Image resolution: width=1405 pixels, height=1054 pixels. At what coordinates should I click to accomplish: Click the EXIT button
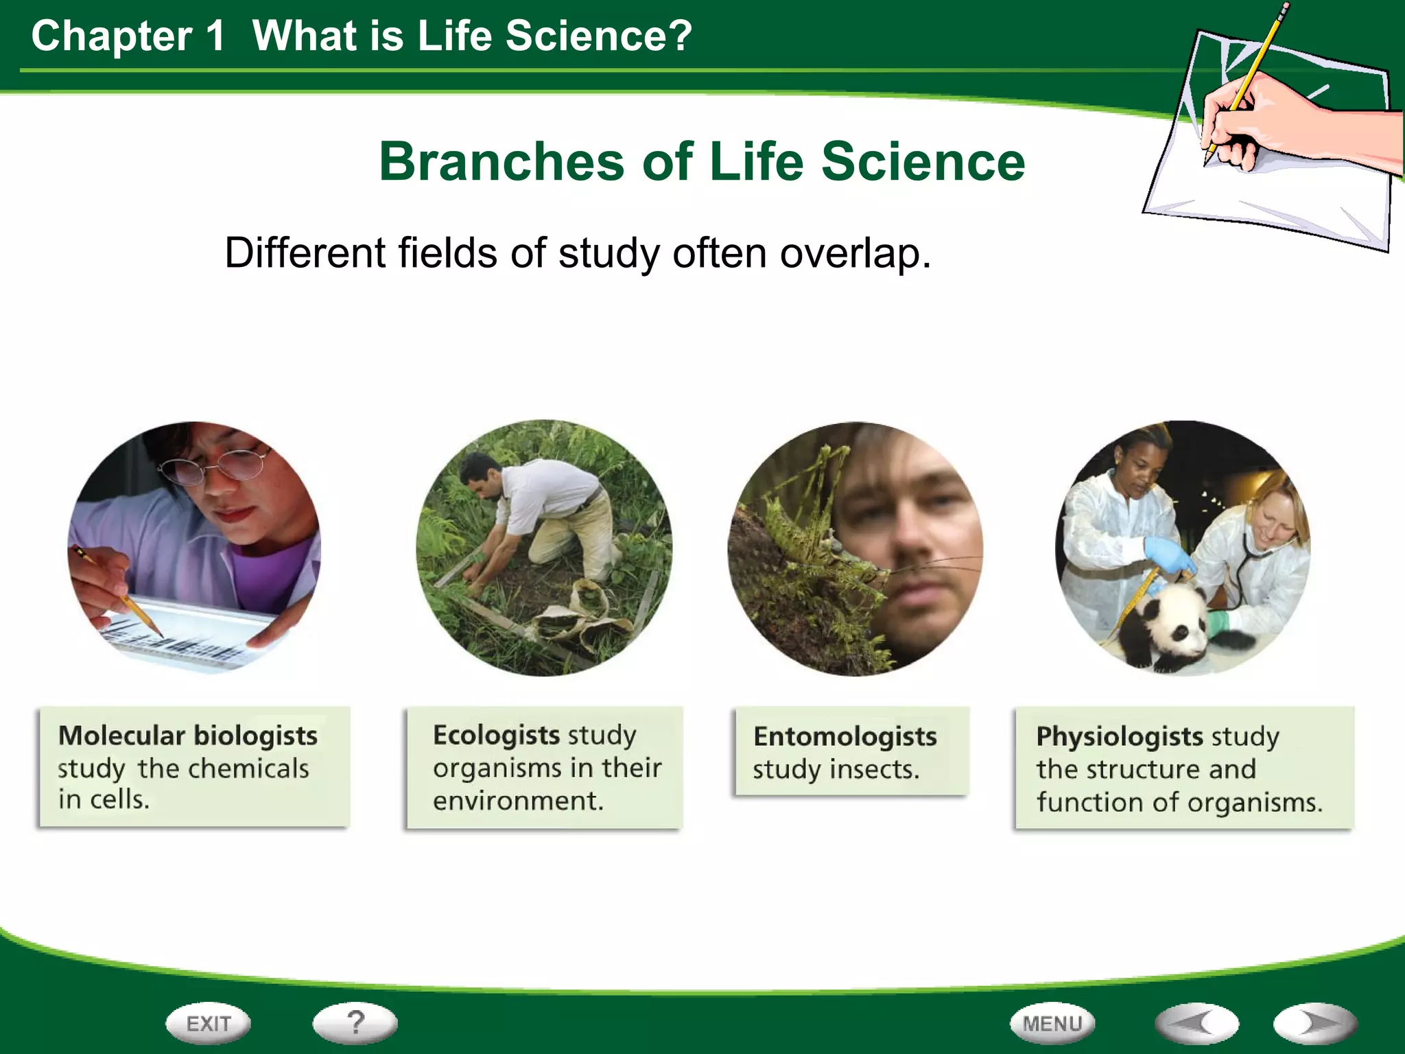tap(208, 1024)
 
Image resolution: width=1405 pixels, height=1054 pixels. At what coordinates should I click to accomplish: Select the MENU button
tap(1052, 1024)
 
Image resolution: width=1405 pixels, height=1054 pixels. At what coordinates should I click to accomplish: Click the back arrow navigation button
tap(1196, 1024)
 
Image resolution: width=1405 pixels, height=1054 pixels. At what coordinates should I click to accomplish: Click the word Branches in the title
tap(501, 162)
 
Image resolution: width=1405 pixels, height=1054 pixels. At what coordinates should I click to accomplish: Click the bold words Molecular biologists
tap(187, 736)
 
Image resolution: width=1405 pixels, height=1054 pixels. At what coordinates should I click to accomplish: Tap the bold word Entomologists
tap(845, 736)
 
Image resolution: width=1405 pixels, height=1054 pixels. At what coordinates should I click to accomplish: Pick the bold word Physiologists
tap(1119, 736)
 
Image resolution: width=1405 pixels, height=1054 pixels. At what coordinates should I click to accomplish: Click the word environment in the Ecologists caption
tap(517, 801)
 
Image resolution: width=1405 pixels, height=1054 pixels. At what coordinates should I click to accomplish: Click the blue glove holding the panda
tap(1169, 554)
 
